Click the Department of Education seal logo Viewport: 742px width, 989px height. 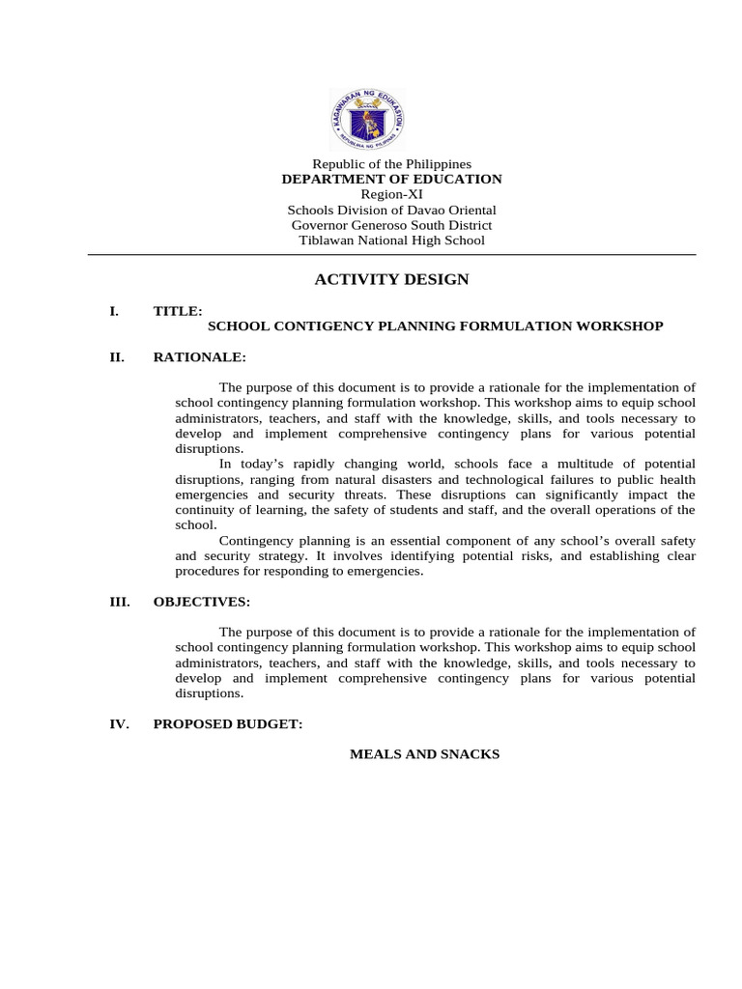coord(366,120)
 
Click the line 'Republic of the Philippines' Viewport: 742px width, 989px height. coord(391,164)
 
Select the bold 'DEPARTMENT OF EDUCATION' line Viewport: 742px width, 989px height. coord(391,179)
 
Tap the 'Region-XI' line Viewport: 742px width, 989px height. coord(391,194)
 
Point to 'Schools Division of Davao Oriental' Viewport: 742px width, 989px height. coord(391,210)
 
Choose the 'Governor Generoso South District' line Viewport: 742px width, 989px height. coord(391,225)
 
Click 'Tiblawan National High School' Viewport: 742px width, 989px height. coord(391,240)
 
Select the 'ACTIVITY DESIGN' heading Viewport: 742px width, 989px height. coord(391,280)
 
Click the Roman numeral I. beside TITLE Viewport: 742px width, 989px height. coord(114,311)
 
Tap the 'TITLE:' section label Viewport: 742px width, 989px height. coord(178,311)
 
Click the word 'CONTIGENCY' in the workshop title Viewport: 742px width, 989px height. coord(316,326)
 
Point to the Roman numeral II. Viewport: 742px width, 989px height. coord(117,357)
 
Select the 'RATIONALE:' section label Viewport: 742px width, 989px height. coord(199,357)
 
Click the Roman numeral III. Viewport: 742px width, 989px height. coord(120,602)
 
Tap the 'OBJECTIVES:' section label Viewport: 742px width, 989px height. coord(201,602)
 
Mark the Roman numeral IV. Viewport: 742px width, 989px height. coord(119,723)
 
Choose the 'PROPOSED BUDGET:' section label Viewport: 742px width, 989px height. coord(228,723)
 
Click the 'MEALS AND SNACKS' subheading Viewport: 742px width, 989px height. coord(424,754)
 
